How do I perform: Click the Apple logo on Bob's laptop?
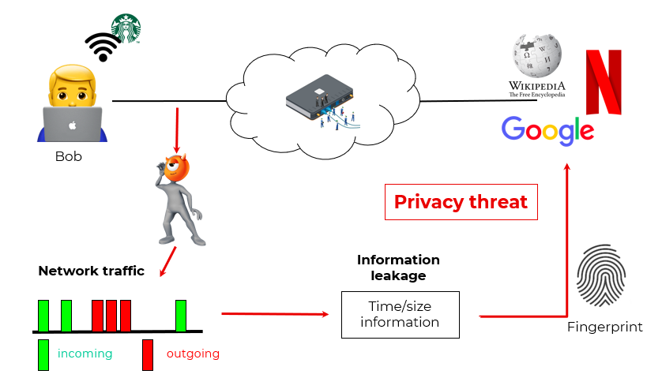[71, 125]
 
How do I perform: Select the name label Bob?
[69, 156]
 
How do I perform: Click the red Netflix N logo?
[603, 81]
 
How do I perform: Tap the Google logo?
[547, 130]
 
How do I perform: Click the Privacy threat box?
[461, 202]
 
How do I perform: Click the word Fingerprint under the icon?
[605, 327]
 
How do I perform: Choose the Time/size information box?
[400, 314]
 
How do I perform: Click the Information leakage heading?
[398, 268]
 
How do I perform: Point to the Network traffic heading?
[91, 271]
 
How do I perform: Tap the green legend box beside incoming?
[43, 354]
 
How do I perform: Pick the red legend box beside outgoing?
[148, 354]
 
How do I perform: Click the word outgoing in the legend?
[193, 354]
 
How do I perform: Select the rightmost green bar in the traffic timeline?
[181, 315]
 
